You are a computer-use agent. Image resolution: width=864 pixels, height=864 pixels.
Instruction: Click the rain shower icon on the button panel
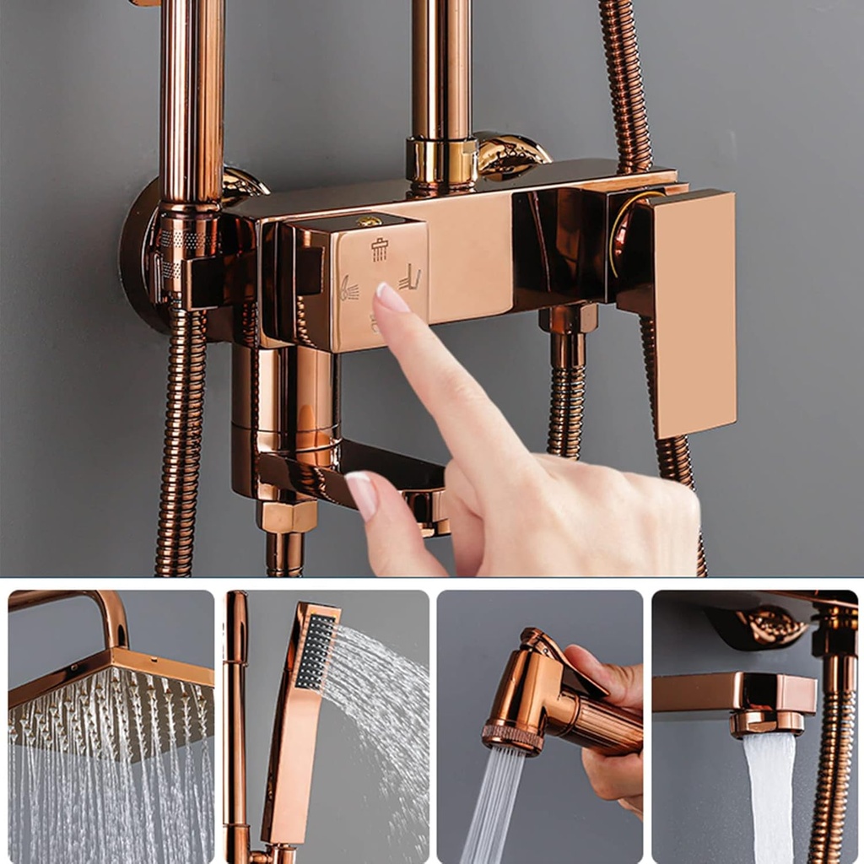pyautogui.click(x=380, y=250)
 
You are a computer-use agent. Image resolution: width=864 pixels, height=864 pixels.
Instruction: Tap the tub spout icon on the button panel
pyautogui.click(x=410, y=278)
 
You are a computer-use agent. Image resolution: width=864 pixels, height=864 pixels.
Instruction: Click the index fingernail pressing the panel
pyautogui.click(x=391, y=298)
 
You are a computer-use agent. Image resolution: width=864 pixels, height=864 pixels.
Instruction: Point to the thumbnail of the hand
pyautogui.click(x=362, y=493)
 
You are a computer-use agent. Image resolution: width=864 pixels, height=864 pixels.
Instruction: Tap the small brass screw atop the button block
pyautogui.click(x=368, y=222)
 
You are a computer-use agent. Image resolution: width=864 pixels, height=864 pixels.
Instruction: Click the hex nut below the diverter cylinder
pyautogui.click(x=287, y=516)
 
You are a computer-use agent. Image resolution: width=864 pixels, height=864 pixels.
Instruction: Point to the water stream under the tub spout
pyautogui.click(x=768, y=793)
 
